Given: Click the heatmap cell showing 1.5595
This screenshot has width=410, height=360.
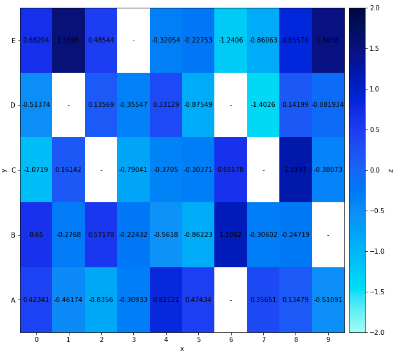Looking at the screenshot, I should [x=68, y=41].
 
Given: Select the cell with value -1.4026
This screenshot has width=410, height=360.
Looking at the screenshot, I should [x=263, y=105].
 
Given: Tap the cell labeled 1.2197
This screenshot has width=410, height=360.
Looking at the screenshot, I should [x=295, y=170].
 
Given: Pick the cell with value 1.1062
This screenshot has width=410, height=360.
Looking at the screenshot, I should [x=230, y=235].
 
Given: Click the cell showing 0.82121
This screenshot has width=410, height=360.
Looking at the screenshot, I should [x=166, y=300].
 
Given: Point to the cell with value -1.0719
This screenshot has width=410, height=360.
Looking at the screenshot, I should [x=36, y=170].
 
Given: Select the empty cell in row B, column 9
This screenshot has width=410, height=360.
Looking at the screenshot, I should [x=328, y=235].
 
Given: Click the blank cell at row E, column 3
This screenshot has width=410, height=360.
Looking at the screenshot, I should [x=133, y=41].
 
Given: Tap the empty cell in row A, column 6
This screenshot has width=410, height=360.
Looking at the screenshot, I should [x=230, y=300].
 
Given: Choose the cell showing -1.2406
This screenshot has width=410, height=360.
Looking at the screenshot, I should [x=230, y=41].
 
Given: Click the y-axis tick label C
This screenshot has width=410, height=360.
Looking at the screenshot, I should [x=13, y=170].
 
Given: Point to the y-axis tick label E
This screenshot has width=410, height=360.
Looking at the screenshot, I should [x=13, y=41].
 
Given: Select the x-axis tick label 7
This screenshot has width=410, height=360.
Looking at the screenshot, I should [x=263, y=339].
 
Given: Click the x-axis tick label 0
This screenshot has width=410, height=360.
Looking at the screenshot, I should [x=36, y=339].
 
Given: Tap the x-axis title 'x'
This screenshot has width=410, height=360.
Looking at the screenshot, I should [x=182, y=349].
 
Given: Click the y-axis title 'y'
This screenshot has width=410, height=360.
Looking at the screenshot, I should [x=5, y=170].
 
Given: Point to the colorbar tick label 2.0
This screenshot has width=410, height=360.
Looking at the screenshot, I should [x=375, y=8].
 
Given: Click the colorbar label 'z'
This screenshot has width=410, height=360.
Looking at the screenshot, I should [x=391, y=170].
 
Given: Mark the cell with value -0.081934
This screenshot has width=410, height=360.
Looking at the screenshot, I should [x=328, y=105].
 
